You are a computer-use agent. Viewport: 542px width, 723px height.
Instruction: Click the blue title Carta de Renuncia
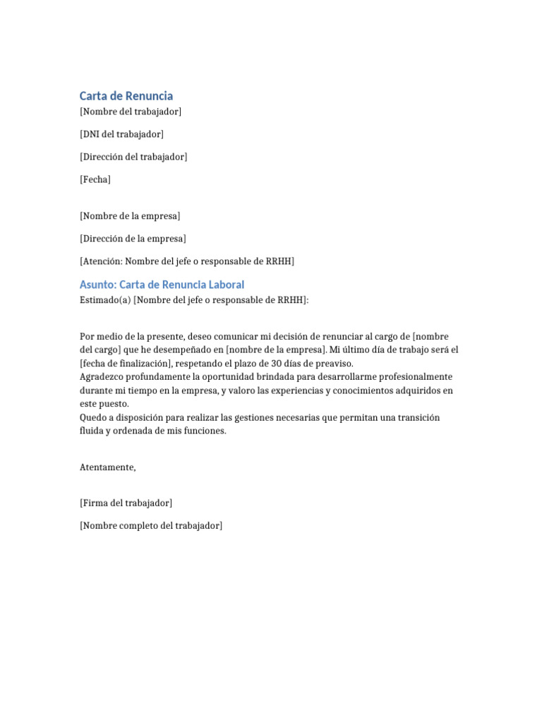coord(126,96)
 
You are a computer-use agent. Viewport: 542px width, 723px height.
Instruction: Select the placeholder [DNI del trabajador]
coord(121,134)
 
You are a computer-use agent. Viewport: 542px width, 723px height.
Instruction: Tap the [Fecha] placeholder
coord(95,179)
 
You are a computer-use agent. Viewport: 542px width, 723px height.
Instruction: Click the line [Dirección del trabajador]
coord(133,157)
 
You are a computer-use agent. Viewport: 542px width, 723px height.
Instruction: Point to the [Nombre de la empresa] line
coord(130,215)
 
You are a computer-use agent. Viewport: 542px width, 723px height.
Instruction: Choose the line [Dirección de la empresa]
coord(133,239)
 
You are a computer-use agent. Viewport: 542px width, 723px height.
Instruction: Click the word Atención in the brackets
coord(102,261)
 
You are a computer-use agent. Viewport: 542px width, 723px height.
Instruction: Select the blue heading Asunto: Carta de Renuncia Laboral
coord(162,285)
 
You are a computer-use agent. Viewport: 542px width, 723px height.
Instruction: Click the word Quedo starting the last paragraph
coord(93,417)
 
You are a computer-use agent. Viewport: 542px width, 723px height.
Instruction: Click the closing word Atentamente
coord(107,467)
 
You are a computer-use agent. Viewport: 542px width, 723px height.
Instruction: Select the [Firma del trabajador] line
coord(126,503)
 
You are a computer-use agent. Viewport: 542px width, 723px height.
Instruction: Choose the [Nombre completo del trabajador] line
coord(151,525)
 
